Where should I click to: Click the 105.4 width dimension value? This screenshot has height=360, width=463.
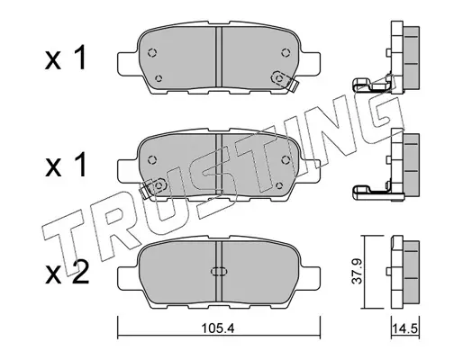point(218,328)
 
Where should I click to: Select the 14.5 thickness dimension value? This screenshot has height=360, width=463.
point(405,328)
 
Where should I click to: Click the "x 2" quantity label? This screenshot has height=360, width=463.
point(67,273)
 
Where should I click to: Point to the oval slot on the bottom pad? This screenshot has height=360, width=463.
point(219,271)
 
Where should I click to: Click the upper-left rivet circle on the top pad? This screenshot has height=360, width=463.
point(152,53)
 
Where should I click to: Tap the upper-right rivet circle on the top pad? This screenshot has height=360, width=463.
point(286,53)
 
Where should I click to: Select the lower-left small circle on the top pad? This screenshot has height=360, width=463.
point(159,78)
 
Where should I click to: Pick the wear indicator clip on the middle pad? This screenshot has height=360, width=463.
point(154,188)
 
